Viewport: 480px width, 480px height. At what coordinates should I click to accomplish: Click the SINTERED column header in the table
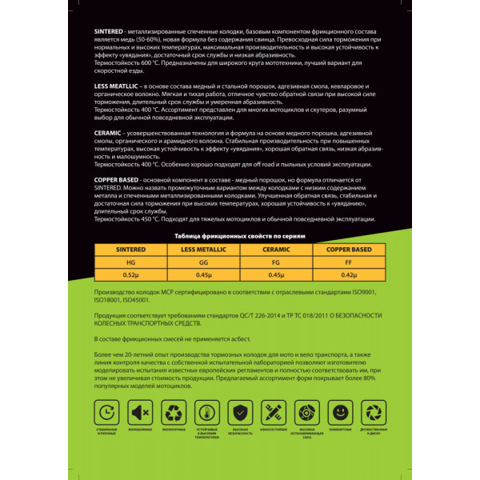click(130, 250)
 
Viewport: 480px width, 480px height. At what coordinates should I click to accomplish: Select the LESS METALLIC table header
click(203, 250)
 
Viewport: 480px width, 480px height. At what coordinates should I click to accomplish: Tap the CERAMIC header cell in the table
click(276, 250)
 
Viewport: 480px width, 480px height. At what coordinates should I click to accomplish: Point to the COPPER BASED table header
click(349, 250)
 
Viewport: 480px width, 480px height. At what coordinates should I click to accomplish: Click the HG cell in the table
click(130, 262)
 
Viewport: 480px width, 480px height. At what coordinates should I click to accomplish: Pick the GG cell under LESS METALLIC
click(203, 262)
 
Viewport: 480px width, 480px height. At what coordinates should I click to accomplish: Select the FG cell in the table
click(276, 262)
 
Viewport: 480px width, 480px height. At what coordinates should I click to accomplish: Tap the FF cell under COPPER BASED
click(349, 262)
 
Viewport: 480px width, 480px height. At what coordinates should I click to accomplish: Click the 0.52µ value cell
click(130, 275)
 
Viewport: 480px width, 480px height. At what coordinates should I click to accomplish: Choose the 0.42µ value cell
click(349, 275)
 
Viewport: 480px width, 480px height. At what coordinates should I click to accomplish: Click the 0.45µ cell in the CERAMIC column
click(276, 275)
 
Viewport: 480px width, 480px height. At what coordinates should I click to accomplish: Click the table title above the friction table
click(240, 237)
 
